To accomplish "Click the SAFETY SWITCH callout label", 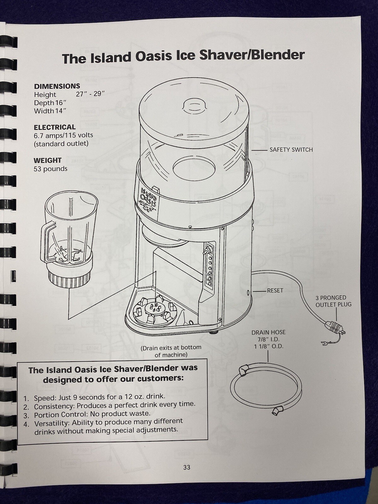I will pos(291,150).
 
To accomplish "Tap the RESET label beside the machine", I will pos(275,290).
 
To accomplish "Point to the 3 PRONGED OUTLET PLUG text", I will pos(333,301).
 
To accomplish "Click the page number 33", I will pos(186,467).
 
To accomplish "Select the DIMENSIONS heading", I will pos(57,86).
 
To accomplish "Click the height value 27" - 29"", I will pos(90,94).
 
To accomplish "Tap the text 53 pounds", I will pos(50,169).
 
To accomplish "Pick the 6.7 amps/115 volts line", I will pos(63,135).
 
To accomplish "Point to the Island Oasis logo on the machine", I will pos(148,198).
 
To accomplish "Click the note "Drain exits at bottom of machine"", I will pos(171,351).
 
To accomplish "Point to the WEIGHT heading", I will pos(48,160).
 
